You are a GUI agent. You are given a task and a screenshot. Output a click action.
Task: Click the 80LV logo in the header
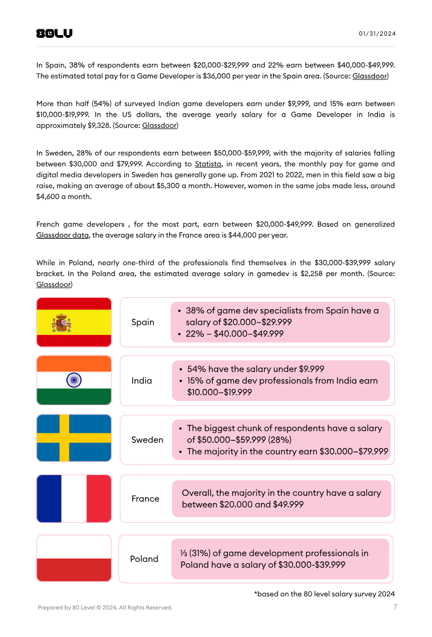point(54,33)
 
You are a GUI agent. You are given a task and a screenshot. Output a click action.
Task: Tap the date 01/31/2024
point(377,33)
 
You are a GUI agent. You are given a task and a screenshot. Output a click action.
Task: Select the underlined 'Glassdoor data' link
point(62,235)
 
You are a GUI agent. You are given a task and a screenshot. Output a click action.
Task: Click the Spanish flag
point(74,322)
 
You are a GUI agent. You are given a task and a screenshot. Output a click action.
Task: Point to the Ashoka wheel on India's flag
point(74,380)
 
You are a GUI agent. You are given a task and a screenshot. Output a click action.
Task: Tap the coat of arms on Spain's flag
point(62,323)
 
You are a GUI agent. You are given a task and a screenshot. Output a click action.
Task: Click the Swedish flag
point(74,438)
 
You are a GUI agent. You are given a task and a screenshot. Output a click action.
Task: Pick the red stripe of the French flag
point(99,499)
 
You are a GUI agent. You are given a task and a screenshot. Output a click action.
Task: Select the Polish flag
point(74,558)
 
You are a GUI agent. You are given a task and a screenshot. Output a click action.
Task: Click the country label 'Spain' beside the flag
point(143,322)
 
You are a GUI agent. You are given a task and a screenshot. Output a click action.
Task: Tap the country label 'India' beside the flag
point(141,380)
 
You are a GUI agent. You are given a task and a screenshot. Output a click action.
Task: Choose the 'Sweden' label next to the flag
point(147,440)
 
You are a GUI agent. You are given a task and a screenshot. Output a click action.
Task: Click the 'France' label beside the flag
point(145,499)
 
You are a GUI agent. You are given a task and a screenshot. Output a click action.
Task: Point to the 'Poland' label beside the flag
point(144,559)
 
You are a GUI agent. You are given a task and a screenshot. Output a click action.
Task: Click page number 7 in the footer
point(395,607)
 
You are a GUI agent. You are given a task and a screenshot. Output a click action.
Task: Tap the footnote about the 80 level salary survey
point(325,594)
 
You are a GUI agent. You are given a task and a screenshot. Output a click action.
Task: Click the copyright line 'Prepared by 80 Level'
point(105,608)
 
